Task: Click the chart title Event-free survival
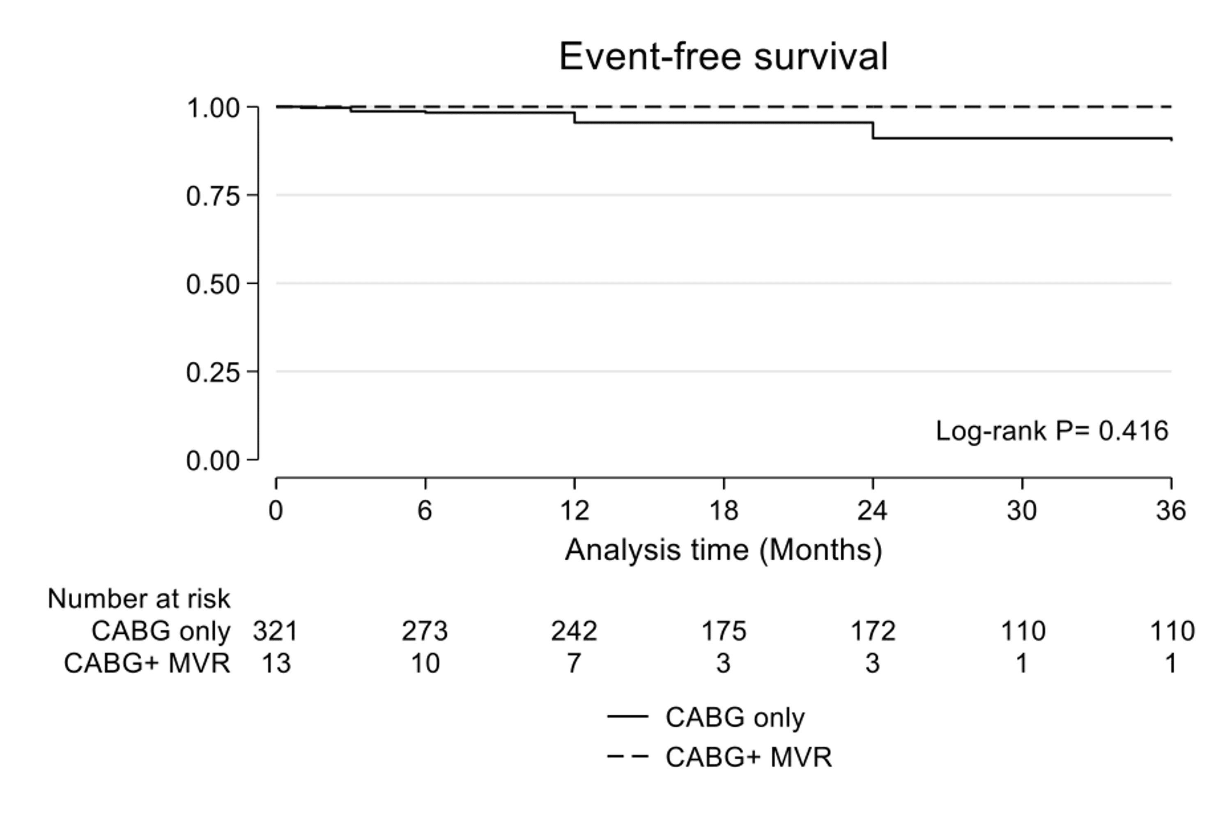[x=723, y=57]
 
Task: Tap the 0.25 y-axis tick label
[x=213, y=373]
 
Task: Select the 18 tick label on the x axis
[x=723, y=510]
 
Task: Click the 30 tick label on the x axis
[x=1021, y=510]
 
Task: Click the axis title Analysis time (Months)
[x=723, y=550]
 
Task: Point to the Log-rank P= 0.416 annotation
[x=1051, y=431]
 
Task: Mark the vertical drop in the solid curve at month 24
[x=873, y=130]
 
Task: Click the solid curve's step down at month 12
[x=575, y=118]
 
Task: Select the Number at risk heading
[x=139, y=598]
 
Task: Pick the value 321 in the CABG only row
[x=276, y=631]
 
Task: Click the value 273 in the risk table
[x=425, y=631]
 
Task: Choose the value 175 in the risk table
[x=723, y=631]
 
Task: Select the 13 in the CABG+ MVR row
[x=276, y=663]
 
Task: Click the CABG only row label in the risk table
[x=161, y=631]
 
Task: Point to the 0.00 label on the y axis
[x=213, y=461]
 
